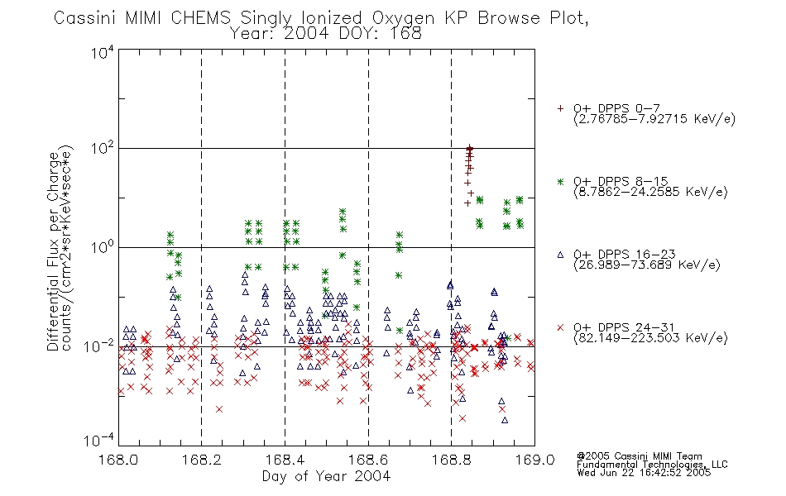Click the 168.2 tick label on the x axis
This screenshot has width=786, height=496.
coord(202,460)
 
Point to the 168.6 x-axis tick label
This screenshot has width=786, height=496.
coord(368,460)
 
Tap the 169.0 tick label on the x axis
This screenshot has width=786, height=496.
coord(534,460)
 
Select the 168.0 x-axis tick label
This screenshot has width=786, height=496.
coord(118,460)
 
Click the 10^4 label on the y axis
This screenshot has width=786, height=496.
coord(102,52)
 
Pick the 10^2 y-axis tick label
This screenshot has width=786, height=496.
coord(102,149)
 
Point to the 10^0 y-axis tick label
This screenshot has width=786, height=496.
coord(102,248)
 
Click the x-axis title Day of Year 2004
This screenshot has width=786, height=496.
coord(326,476)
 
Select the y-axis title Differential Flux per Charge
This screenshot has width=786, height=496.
coord(53,251)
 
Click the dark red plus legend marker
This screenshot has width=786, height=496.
coord(560,108)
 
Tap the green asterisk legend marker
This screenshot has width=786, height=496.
coord(560,182)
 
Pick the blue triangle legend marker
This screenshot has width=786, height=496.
coord(560,255)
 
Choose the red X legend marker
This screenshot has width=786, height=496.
coord(560,327)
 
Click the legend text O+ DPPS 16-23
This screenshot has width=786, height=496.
coord(625,254)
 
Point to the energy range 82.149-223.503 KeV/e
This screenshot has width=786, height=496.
coord(650,337)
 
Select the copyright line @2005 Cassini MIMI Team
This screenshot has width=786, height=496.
coord(639,456)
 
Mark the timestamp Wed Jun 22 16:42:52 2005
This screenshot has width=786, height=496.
coord(644,472)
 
